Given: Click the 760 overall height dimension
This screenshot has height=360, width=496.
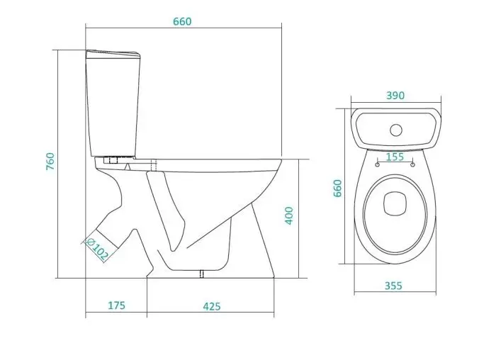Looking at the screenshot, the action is pyautogui.click(x=50, y=162).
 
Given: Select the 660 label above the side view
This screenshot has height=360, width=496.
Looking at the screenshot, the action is pyautogui.click(x=182, y=21).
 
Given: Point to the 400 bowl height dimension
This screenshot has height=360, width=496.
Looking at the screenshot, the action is pyautogui.click(x=289, y=215).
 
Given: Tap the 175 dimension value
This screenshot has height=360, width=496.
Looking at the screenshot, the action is pyautogui.click(x=117, y=305).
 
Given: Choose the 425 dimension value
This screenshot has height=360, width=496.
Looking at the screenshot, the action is pyautogui.click(x=212, y=307).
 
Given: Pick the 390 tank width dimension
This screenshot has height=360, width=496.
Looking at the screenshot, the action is pyautogui.click(x=395, y=96).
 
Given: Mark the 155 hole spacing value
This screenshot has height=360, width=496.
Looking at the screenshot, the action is pyautogui.click(x=395, y=157).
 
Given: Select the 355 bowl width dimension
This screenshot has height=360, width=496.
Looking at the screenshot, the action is pyautogui.click(x=393, y=286).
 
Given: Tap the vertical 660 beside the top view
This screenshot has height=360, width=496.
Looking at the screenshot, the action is pyautogui.click(x=338, y=189).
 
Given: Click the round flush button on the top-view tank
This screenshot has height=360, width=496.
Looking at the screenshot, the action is pyautogui.click(x=396, y=130).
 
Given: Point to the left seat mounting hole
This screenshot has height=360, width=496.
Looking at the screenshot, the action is pyautogui.click(x=377, y=164).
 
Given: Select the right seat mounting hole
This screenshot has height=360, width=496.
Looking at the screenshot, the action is pyautogui.click(x=412, y=164).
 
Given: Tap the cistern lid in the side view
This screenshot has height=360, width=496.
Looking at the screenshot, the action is pyautogui.click(x=113, y=54).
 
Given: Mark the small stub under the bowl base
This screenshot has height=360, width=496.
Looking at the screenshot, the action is pyautogui.click(x=201, y=274).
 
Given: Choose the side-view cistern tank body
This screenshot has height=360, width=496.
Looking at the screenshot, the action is pyautogui.click(x=113, y=107).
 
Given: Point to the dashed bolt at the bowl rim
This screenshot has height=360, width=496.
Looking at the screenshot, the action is pyautogui.click(x=154, y=165).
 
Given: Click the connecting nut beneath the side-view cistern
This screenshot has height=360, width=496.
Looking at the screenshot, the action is pyautogui.click(x=113, y=159).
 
